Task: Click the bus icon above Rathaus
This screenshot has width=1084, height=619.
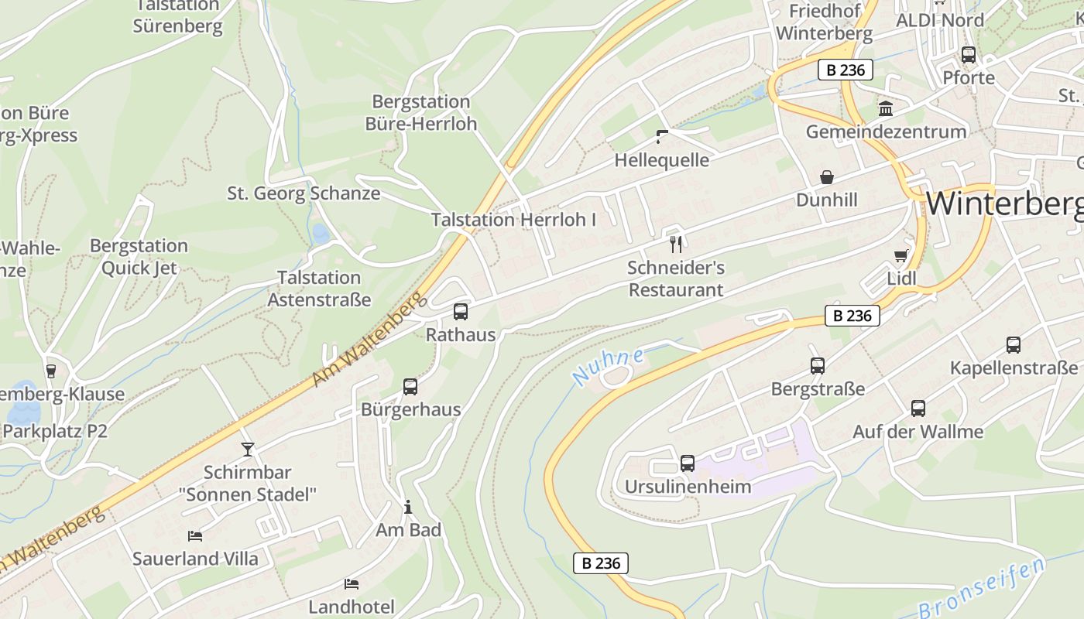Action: [460, 312]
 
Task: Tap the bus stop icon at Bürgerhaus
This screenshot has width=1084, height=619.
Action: [410, 387]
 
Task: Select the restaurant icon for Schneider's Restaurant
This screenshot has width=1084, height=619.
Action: [676, 245]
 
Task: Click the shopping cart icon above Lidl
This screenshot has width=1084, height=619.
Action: [900, 255]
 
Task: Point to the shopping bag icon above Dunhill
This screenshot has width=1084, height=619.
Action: [827, 177]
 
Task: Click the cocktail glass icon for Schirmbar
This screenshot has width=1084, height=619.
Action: [248, 449]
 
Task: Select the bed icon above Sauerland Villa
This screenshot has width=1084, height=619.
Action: [195, 535]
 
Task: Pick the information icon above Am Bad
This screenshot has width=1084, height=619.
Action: [408, 508]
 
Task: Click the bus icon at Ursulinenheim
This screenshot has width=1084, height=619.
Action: [687, 463]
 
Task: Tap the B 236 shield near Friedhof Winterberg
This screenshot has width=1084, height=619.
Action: [846, 70]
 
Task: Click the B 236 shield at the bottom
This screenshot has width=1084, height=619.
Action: [601, 563]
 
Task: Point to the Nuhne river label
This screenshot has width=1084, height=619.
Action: [608, 367]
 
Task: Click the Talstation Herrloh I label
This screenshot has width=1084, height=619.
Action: [513, 220]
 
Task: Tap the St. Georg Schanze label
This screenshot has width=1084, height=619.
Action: [304, 193]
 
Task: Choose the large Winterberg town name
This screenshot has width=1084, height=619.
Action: [1004, 203]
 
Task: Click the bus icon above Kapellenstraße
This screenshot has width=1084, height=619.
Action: [1013, 345]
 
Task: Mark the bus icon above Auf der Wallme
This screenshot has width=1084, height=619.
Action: [918, 409]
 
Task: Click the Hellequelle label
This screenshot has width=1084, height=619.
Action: [661, 160]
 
